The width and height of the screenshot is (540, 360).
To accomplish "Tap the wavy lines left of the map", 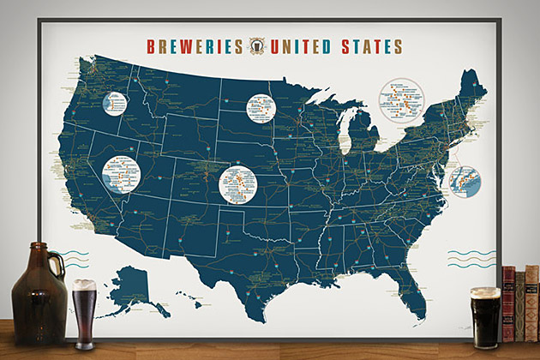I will click(74, 256).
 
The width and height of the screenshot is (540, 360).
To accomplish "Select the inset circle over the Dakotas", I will click(263, 109).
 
